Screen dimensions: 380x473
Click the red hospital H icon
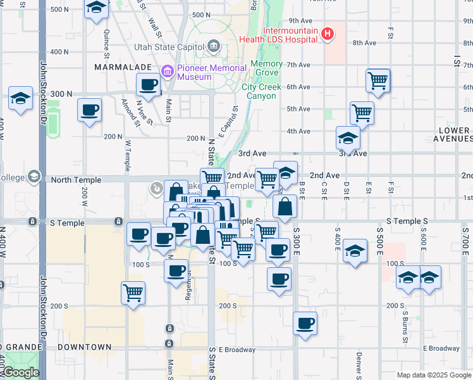[x=328, y=34]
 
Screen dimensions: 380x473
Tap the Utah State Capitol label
[x=168, y=46]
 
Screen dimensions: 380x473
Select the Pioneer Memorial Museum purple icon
[x=168, y=70]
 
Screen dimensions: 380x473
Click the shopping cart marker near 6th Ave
[x=378, y=80]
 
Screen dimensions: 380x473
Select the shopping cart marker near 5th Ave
[x=362, y=113]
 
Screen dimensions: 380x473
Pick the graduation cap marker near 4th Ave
[x=347, y=136]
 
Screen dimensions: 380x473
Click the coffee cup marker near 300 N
[x=149, y=84]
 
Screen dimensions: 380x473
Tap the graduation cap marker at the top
[x=96, y=8]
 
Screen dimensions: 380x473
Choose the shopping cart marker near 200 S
[x=133, y=293]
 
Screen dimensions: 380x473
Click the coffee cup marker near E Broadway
[x=305, y=323]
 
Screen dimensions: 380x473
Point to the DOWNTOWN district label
[x=85, y=347]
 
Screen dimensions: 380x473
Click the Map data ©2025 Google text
[x=433, y=375]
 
